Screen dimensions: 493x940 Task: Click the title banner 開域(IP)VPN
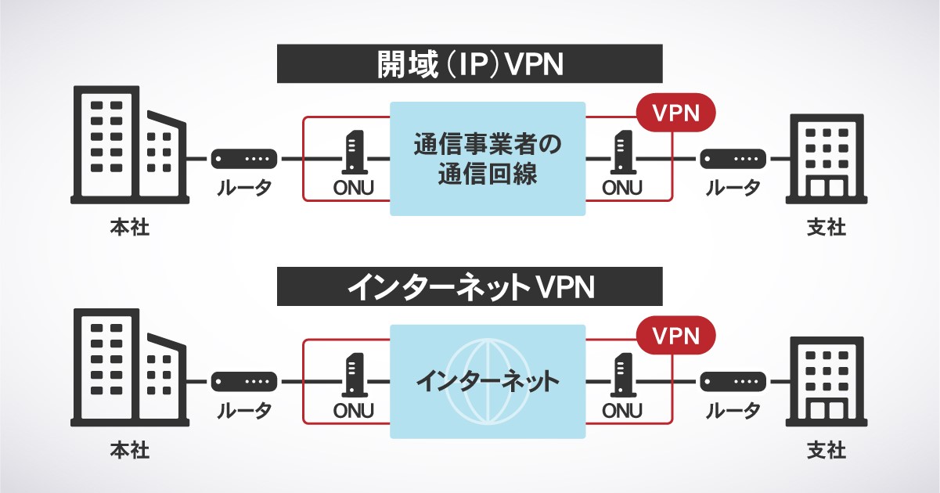click(470, 64)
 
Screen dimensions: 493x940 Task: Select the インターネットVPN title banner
click(470, 286)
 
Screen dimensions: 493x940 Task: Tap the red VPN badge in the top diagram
click(675, 112)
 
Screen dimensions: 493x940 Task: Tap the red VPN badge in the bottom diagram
click(675, 335)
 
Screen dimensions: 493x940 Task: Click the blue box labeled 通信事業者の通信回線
click(488, 159)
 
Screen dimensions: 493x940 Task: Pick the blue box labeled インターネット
click(488, 382)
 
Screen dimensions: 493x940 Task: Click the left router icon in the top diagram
click(244, 159)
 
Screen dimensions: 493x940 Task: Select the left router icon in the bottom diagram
click(244, 382)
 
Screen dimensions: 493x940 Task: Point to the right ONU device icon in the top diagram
click(622, 153)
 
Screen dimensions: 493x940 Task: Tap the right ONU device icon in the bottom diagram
click(622, 376)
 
